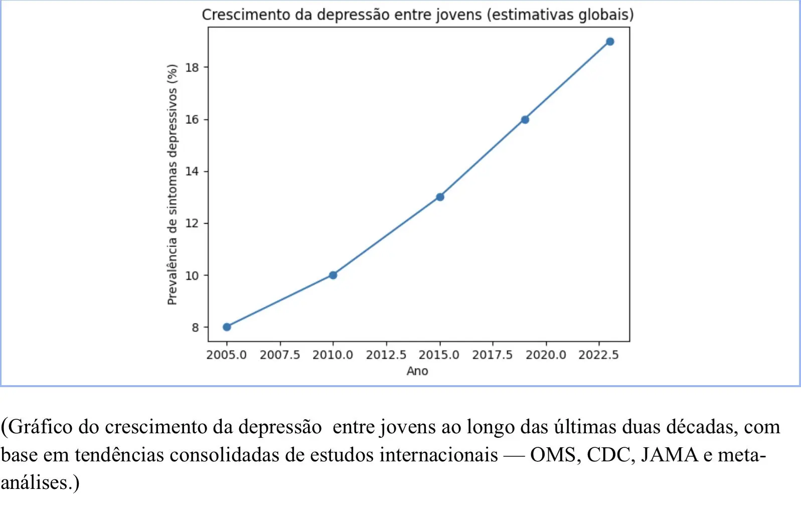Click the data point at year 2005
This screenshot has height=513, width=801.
click(x=227, y=327)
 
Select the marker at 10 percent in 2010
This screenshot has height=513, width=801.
click(x=333, y=275)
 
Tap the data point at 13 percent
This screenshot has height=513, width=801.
click(x=440, y=197)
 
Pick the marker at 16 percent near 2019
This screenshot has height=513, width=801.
click(x=525, y=119)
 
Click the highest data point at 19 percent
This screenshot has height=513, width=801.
click(x=610, y=42)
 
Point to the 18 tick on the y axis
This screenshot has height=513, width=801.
click(x=192, y=68)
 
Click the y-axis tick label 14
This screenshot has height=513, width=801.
click(x=192, y=172)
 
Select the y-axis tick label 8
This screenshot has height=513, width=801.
click(x=195, y=327)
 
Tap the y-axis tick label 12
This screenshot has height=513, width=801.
click(x=192, y=223)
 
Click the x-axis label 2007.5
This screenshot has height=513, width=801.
click(x=280, y=355)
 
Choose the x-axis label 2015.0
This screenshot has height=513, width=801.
click(x=439, y=355)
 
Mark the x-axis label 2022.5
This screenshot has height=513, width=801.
click(x=598, y=355)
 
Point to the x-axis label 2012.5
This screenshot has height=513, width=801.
click(x=386, y=355)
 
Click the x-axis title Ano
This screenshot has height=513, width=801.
click(x=417, y=371)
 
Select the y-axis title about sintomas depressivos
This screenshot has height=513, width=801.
click(x=172, y=185)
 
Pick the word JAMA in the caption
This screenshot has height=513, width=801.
click(x=669, y=455)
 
